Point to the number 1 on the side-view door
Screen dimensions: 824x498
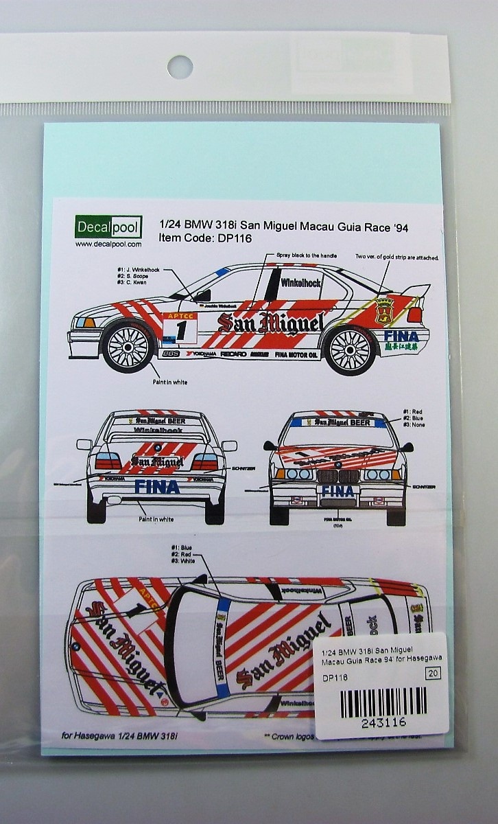point(181,328)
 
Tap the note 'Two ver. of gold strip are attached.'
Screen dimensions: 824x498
point(397,257)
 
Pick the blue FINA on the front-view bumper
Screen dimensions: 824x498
point(338,491)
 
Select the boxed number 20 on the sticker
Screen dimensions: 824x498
point(433,674)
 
